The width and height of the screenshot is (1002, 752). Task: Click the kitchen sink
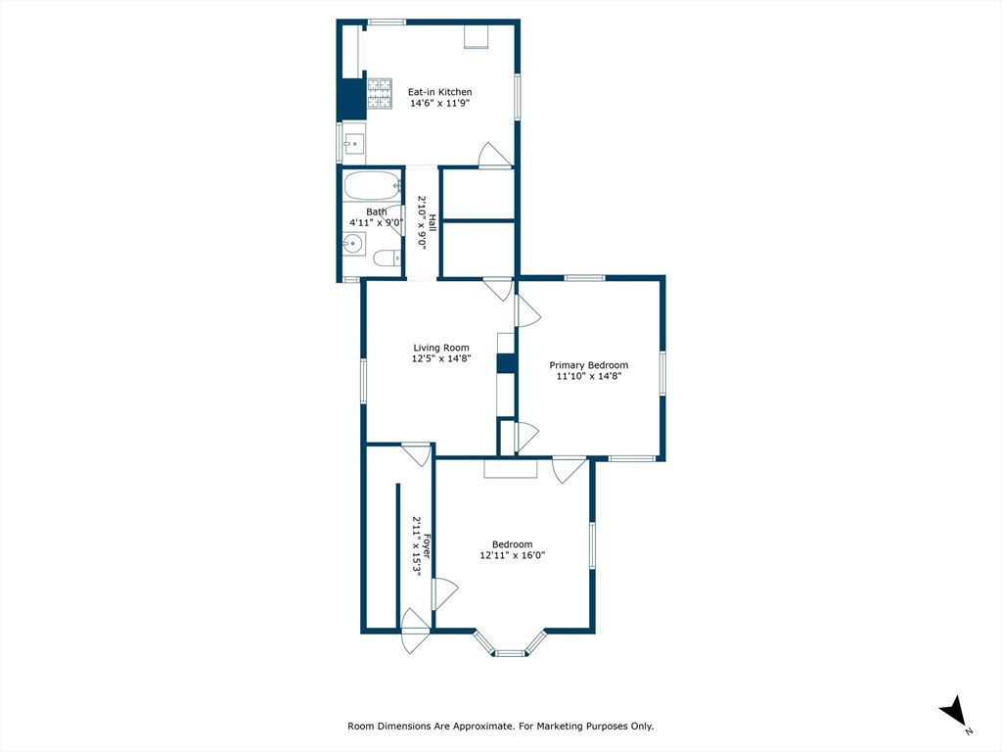[353, 144]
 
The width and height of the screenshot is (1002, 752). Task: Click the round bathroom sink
[352, 245]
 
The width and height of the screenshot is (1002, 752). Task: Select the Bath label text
[376, 211]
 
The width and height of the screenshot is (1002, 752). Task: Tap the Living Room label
[440, 348]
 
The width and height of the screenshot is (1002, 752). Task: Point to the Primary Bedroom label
[588, 365]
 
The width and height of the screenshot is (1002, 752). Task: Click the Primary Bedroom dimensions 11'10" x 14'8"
[588, 376]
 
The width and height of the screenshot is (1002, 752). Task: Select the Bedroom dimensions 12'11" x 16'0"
[512, 555]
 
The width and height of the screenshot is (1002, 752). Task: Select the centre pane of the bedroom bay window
[509, 652]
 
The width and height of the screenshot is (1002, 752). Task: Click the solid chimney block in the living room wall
[506, 363]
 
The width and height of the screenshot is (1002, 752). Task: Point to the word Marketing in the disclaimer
[552, 727]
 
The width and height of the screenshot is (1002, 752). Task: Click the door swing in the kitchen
[492, 156]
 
